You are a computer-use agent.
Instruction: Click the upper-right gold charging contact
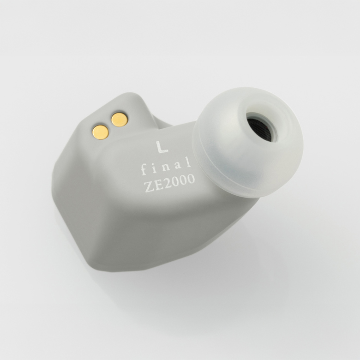click(x=120, y=119)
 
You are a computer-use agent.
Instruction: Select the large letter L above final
click(x=162, y=147)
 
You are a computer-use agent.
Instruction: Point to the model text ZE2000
click(x=169, y=181)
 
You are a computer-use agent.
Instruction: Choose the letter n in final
click(x=167, y=166)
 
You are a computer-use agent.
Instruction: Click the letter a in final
click(x=179, y=165)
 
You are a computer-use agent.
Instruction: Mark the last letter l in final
click(x=189, y=162)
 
